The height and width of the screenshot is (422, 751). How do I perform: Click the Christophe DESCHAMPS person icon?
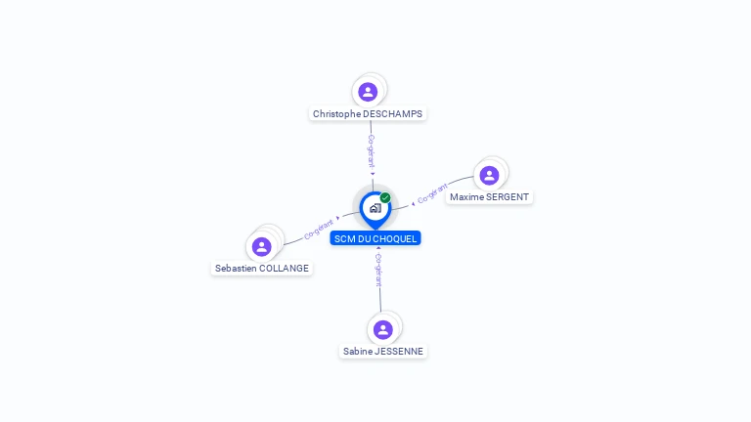tap(368, 92)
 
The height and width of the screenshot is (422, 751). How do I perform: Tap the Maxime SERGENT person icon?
tap(489, 175)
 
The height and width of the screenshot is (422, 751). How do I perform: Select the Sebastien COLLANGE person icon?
tap(261, 246)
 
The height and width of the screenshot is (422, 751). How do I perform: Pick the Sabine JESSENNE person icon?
tap(382, 329)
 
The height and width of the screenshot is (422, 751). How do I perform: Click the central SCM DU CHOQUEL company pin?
tap(375, 208)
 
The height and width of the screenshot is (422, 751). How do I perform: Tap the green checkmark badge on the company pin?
tap(385, 198)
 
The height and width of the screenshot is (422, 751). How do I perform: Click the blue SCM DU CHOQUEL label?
tap(375, 238)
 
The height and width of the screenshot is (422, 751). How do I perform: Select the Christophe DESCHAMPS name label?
tap(368, 114)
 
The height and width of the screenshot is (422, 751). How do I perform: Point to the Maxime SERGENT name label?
tap(489, 197)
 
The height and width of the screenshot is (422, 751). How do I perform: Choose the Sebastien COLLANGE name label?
tap(262, 269)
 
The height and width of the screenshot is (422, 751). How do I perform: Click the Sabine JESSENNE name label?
tap(383, 352)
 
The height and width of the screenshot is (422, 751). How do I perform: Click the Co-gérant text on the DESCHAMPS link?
tap(371, 151)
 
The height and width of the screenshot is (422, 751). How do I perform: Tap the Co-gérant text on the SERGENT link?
tap(432, 193)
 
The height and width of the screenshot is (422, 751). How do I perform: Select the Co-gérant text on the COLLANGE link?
tap(319, 230)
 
